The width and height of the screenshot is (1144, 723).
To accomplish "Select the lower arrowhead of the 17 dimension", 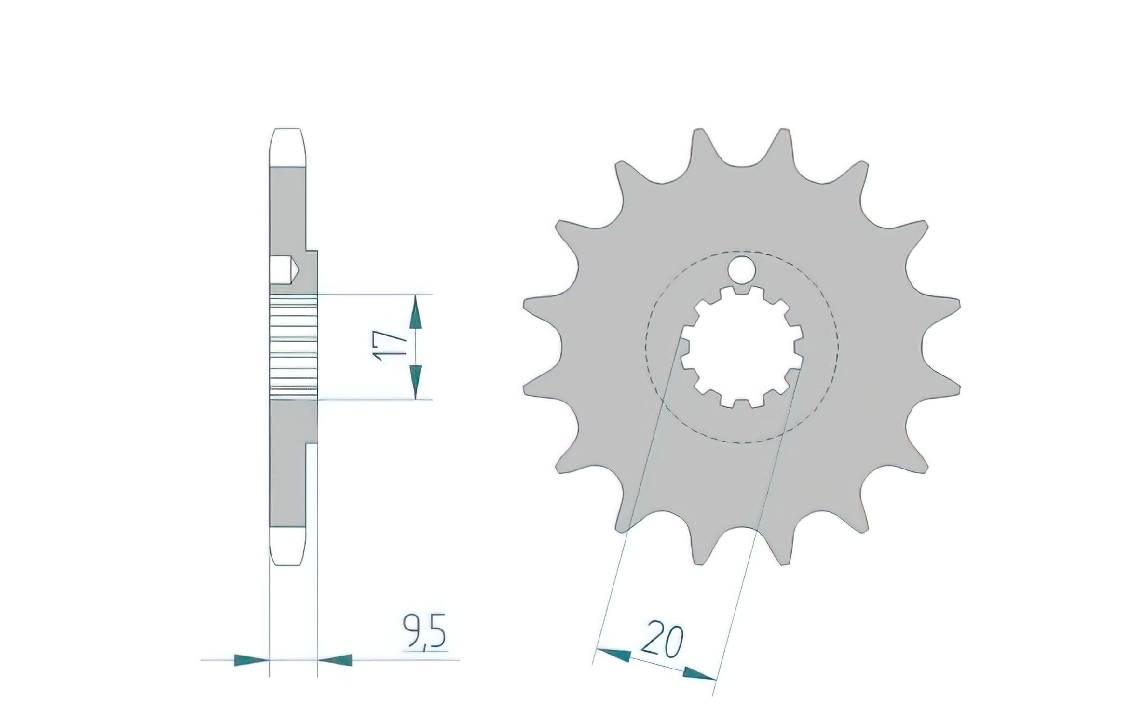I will [415, 381].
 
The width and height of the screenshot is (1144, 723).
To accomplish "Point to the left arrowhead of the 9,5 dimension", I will [251, 660].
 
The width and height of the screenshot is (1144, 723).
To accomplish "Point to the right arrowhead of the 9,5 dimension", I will [335, 660].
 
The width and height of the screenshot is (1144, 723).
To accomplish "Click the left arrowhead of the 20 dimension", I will [613, 655].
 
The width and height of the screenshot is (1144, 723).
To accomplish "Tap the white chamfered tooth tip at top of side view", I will [287, 147].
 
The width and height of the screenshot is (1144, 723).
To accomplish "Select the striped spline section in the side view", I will [294, 347].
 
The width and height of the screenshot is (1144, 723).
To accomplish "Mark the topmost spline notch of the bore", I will [742, 292].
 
